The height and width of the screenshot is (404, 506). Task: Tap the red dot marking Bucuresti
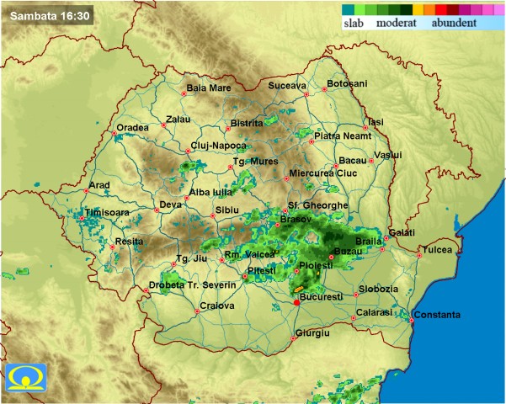pyautogui.click(x=296, y=303)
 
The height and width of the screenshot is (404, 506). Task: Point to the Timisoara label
pyautogui.click(x=108, y=213)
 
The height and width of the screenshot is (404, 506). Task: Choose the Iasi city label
pyautogui.click(x=376, y=122)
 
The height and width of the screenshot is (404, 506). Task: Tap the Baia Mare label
pyautogui.click(x=208, y=88)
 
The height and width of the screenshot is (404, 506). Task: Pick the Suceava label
pyautogui.click(x=288, y=86)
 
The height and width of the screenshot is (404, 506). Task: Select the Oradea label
pyautogui.click(x=132, y=127)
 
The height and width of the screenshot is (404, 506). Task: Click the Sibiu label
pyautogui.click(x=228, y=209)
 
